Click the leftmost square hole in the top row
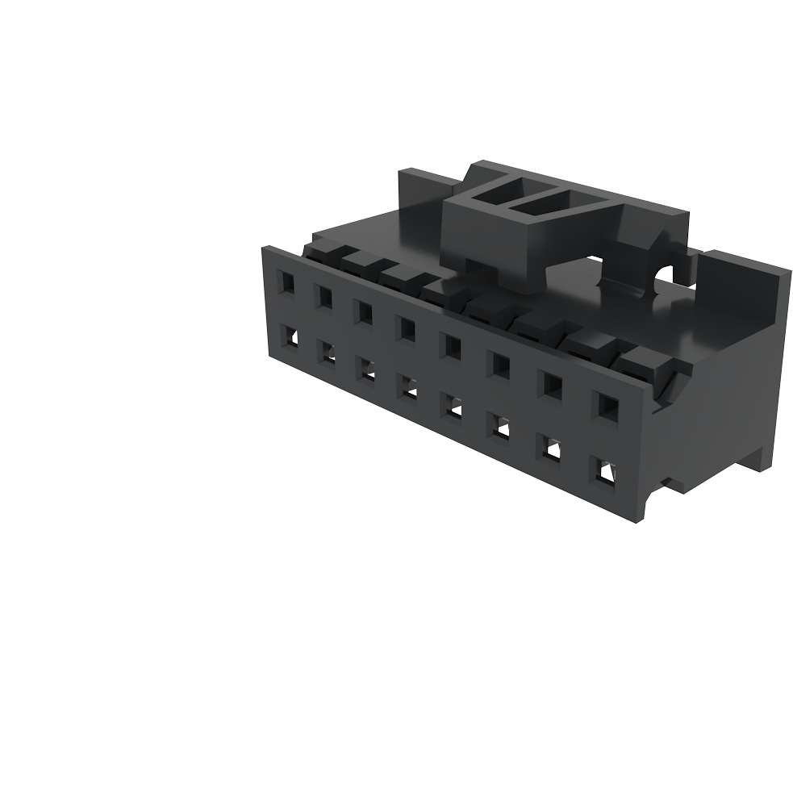pyautogui.click(x=286, y=282)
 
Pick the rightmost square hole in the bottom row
pyautogui.click(x=604, y=470)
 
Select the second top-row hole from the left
pyautogui.click(x=324, y=296)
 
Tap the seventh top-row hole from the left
pyautogui.click(x=552, y=386)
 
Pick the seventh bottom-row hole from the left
pyautogui.click(x=552, y=447)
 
